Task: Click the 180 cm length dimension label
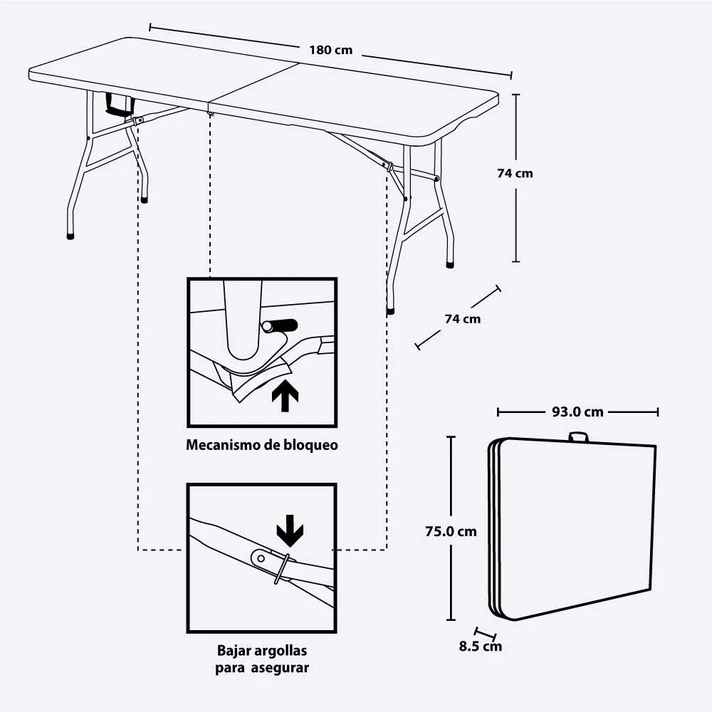pyautogui.click(x=330, y=51)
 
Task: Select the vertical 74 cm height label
pyautogui.click(x=515, y=173)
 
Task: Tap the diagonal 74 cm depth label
pyautogui.click(x=462, y=318)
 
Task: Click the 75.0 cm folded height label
pyautogui.click(x=451, y=531)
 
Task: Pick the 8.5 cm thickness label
pyautogui.click(x=480, y=646)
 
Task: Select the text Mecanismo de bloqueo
pyautogui.click(x=261, y=446)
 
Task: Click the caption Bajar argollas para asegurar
pyautogui.click(x=261, y=659)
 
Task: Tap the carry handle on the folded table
pyautogui.click(x=578, y=436)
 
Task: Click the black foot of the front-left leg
pyautogui.click(x=70, y=235)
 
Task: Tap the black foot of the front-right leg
pyautogui.click(x=390, y=310)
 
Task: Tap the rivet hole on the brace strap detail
pyautogui.click(x=261, y=558)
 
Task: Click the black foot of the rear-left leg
pyautogui.click(x=145, y=201)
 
